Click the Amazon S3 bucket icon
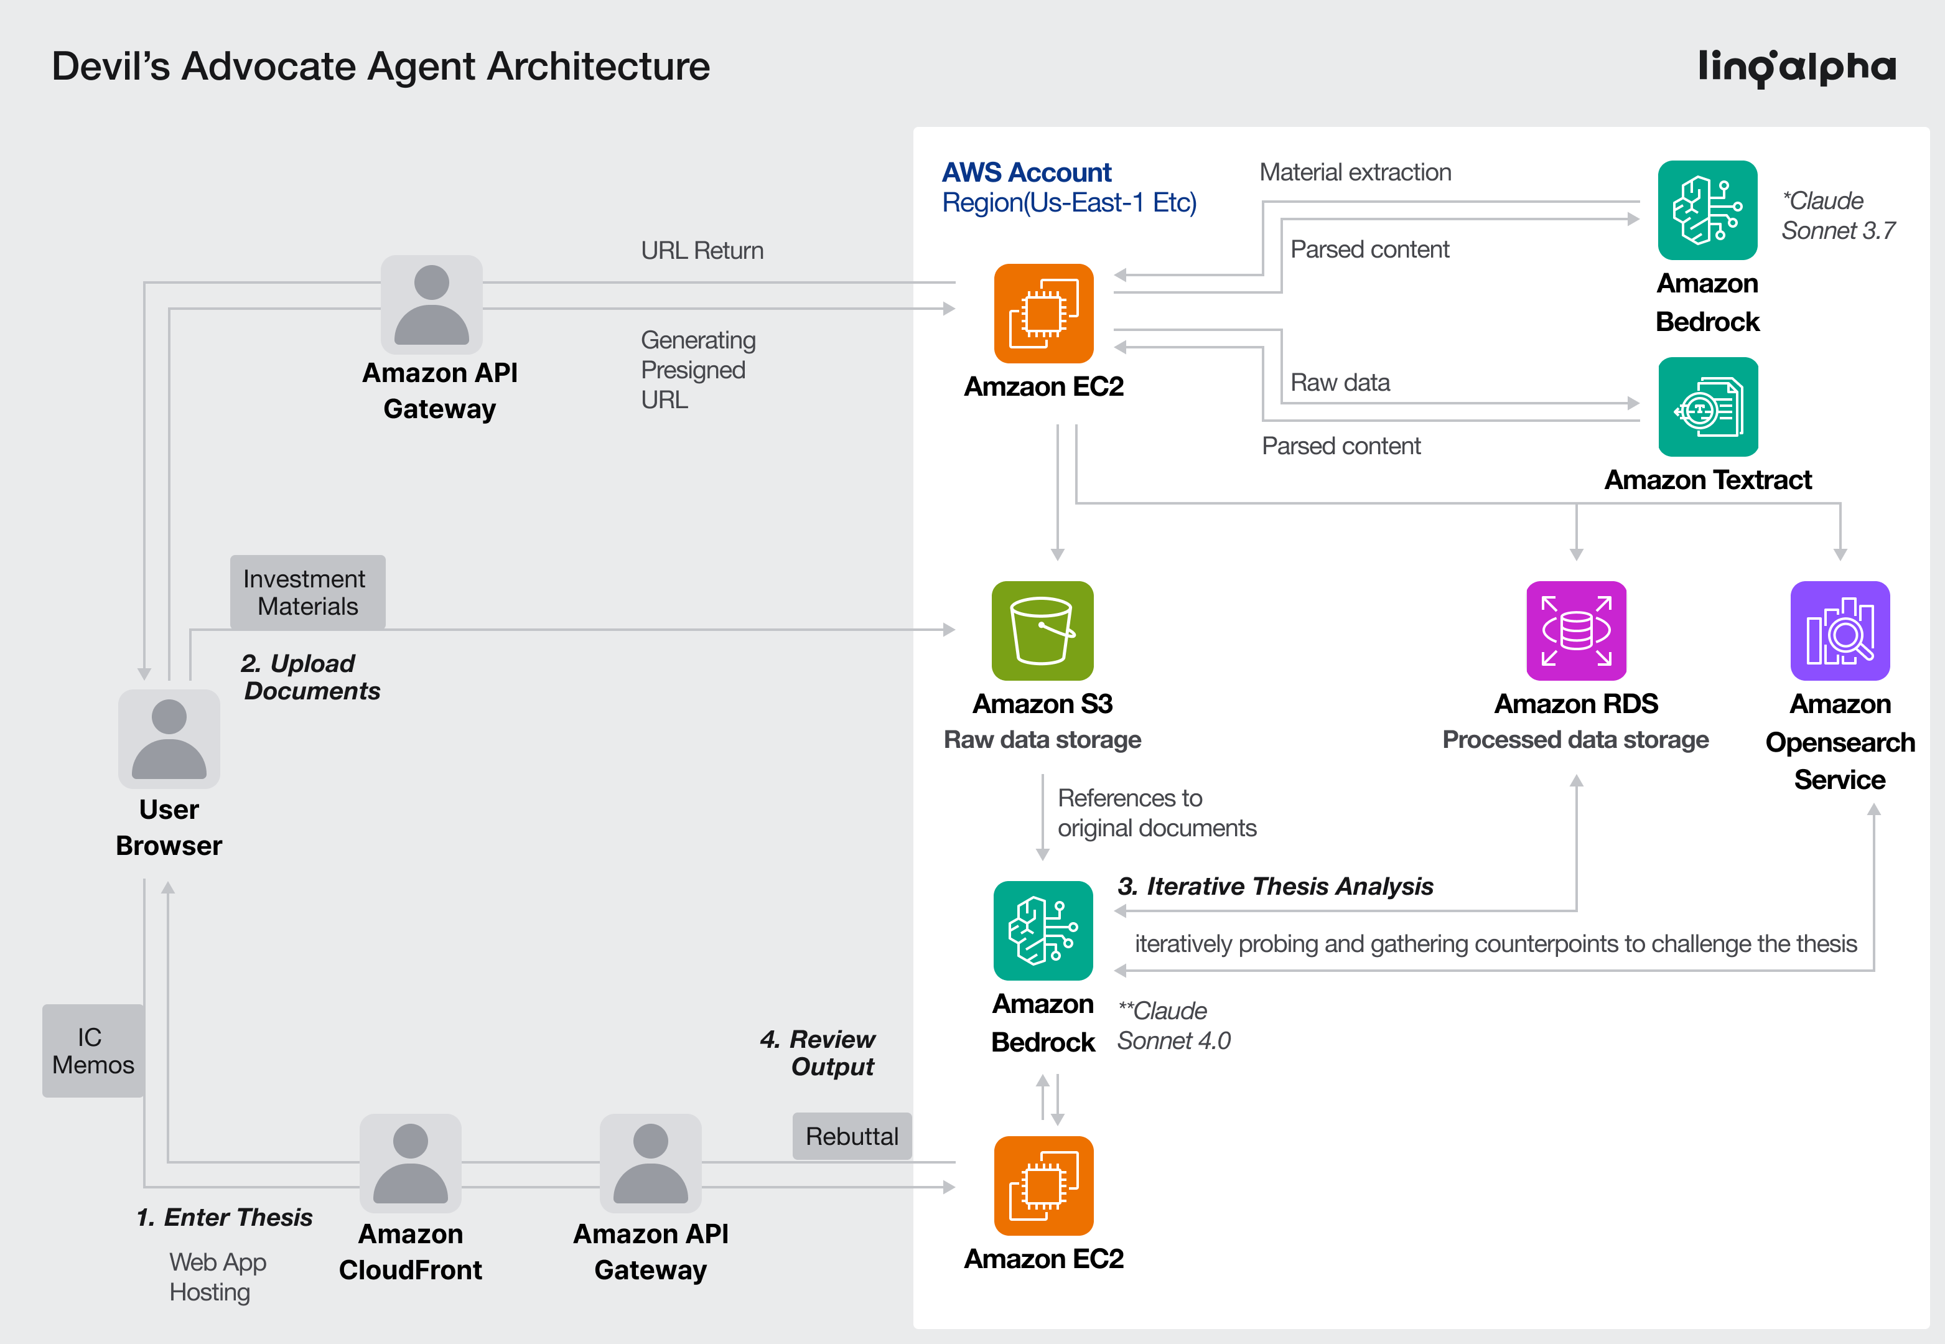[x=1042, y=631]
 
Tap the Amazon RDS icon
[x=1576, y=631]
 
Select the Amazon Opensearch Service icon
[x=1840, y=631]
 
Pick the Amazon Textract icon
[x=1707, y=407]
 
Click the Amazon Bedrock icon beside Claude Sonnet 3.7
[x=1707, y=210]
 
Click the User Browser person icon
[x=169, y=739]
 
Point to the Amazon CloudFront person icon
[x=410, y=1163]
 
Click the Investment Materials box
[x=307, y=592]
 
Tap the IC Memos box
[x=93, y=1050]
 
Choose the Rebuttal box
[x=851, y=1136]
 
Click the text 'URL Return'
[x=701, y=250]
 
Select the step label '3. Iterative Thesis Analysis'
[x=1275, y=886]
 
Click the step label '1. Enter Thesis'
[x=224, y=1217]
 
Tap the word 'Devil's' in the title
[x=110, y=67]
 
